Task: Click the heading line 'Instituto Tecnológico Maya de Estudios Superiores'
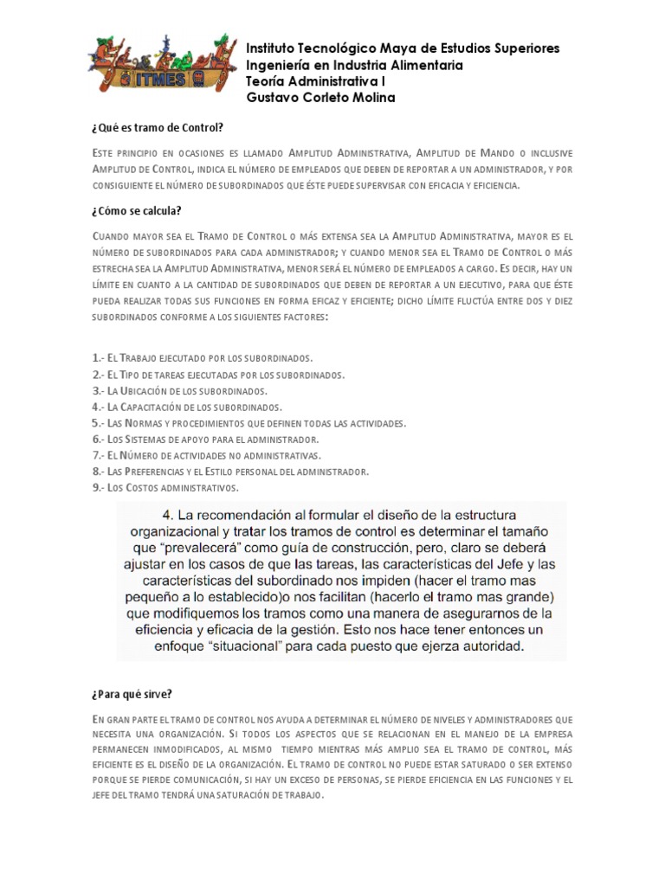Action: [x=403, y=48]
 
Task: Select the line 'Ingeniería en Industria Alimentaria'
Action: [x=354, y=65]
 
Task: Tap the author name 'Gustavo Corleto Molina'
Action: [x=320, y=98]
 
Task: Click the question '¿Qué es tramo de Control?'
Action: [x=157, y=127]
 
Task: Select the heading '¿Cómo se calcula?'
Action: [x=136, y=211]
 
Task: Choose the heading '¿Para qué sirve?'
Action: [x=132, y=693]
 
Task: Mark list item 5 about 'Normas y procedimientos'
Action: [x=249, y=423]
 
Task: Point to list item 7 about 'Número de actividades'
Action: [x=206, y=455]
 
